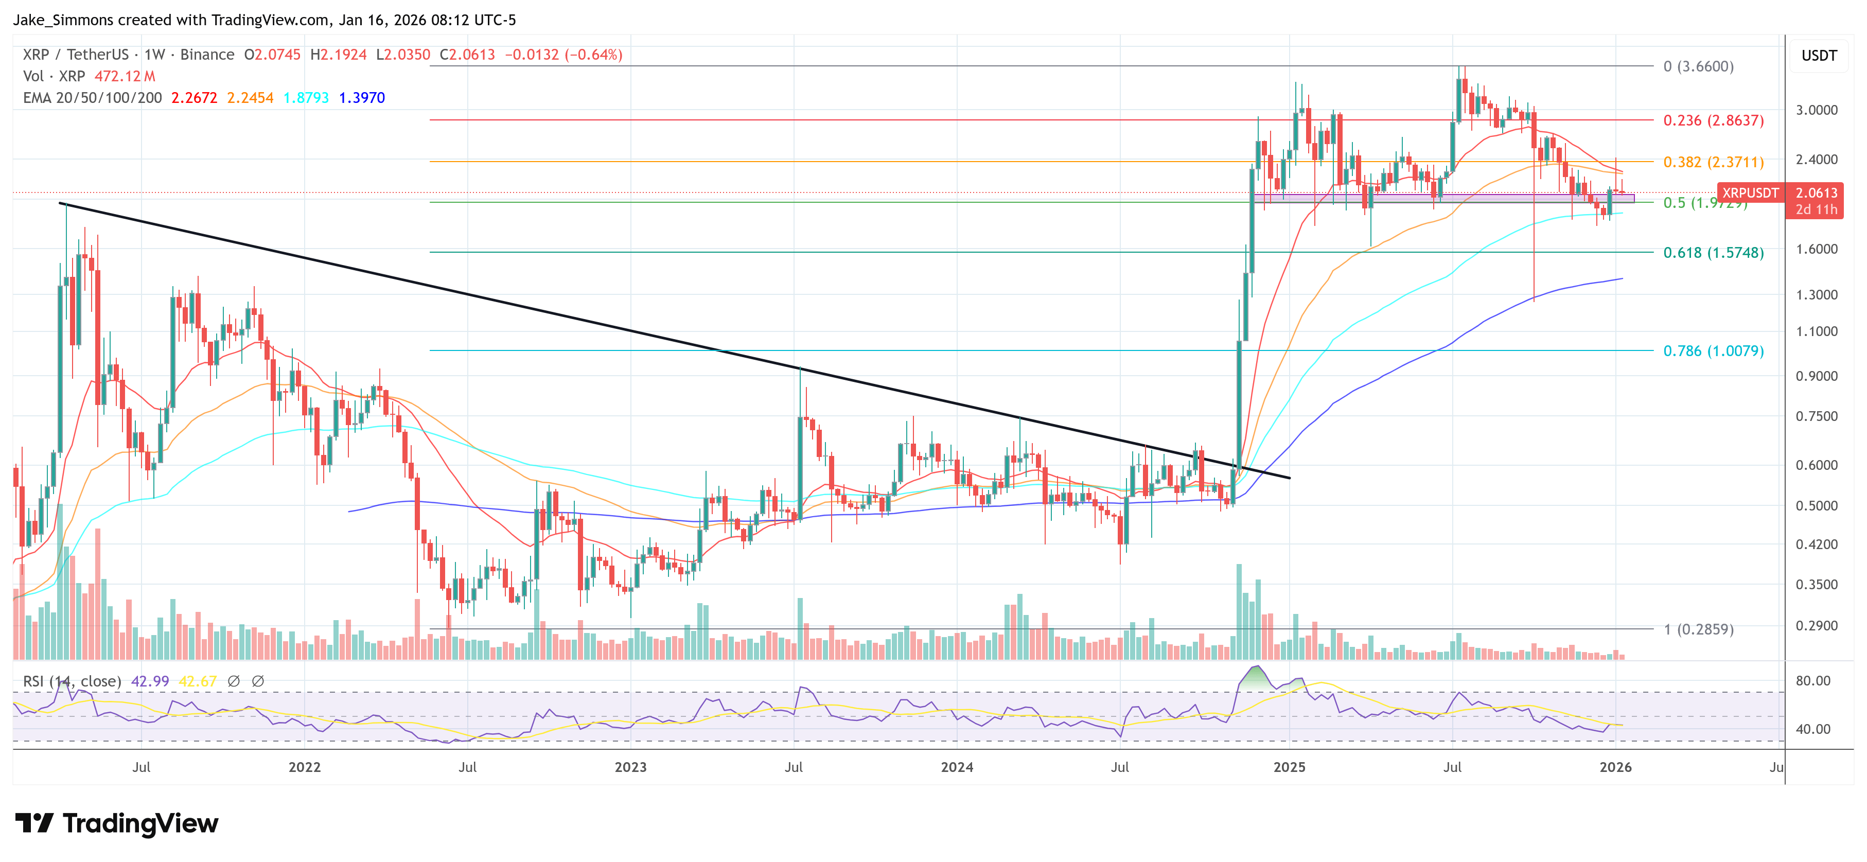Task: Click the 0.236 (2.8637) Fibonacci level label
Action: pyautogui.click(x=1713, y=120)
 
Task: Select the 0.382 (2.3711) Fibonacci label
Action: pyautogui.click(x=1713, y=162)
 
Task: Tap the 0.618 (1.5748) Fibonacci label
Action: pyautogui.click(x=1713, y=252)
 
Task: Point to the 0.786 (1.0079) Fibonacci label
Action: pyautogui.click(x=1713, y=351)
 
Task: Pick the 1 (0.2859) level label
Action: pyautogui.click(x=1698, y=629)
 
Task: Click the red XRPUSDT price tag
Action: pyautogui.click(x=1750, y=193)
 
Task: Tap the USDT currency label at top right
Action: pyautogui.click(x=1819, y=56)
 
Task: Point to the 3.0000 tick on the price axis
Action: pyautogui.click(x=1816, y=110)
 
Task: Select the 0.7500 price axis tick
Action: pyautogui.click(x=1816, y=416)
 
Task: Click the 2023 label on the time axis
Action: pyautogui.click(x=630, y=767)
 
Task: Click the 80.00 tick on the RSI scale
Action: pyautogui.click(x=1812, y=681)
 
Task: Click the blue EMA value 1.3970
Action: pyautogui.click(x=362, y=98)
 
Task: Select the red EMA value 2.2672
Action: pyautogui.click(x=193, y=98)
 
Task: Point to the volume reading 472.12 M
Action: pyautogui.click(x=125, y=76)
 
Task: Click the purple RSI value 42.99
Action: pyautogui.click(x=149, y=681)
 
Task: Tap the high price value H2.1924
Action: pyautogui.click(x=338, y=55)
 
